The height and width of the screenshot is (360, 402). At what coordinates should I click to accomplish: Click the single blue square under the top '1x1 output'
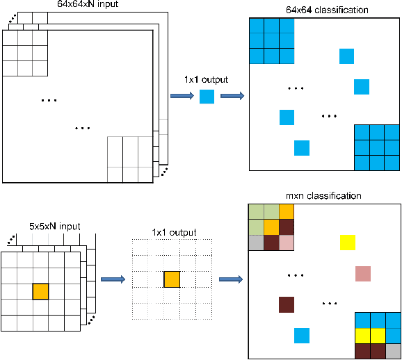click(207, 97)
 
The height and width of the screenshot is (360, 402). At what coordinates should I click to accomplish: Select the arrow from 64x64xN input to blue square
click(182, 97)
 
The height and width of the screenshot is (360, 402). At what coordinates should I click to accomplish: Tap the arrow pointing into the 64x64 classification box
click(232, 97)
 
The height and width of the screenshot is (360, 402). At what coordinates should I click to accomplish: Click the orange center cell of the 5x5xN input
click(40, 291)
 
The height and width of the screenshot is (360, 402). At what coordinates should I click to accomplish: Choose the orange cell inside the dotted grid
click(172, 280)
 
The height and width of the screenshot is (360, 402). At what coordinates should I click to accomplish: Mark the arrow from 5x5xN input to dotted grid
click(113, 279)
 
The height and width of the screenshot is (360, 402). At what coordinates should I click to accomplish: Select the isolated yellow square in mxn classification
click(347, 243)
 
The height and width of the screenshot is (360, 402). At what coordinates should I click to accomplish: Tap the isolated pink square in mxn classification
click(362, 273)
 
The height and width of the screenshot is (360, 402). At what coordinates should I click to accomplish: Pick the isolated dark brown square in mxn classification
click(287, 304)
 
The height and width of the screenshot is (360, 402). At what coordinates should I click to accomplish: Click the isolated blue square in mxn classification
click(301, 336)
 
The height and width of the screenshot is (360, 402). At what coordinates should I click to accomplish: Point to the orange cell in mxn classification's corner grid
click(272, 227)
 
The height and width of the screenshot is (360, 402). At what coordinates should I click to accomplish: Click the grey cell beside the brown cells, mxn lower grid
click(392, 352)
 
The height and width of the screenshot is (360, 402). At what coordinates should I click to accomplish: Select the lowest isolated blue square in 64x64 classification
click(301, 147)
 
